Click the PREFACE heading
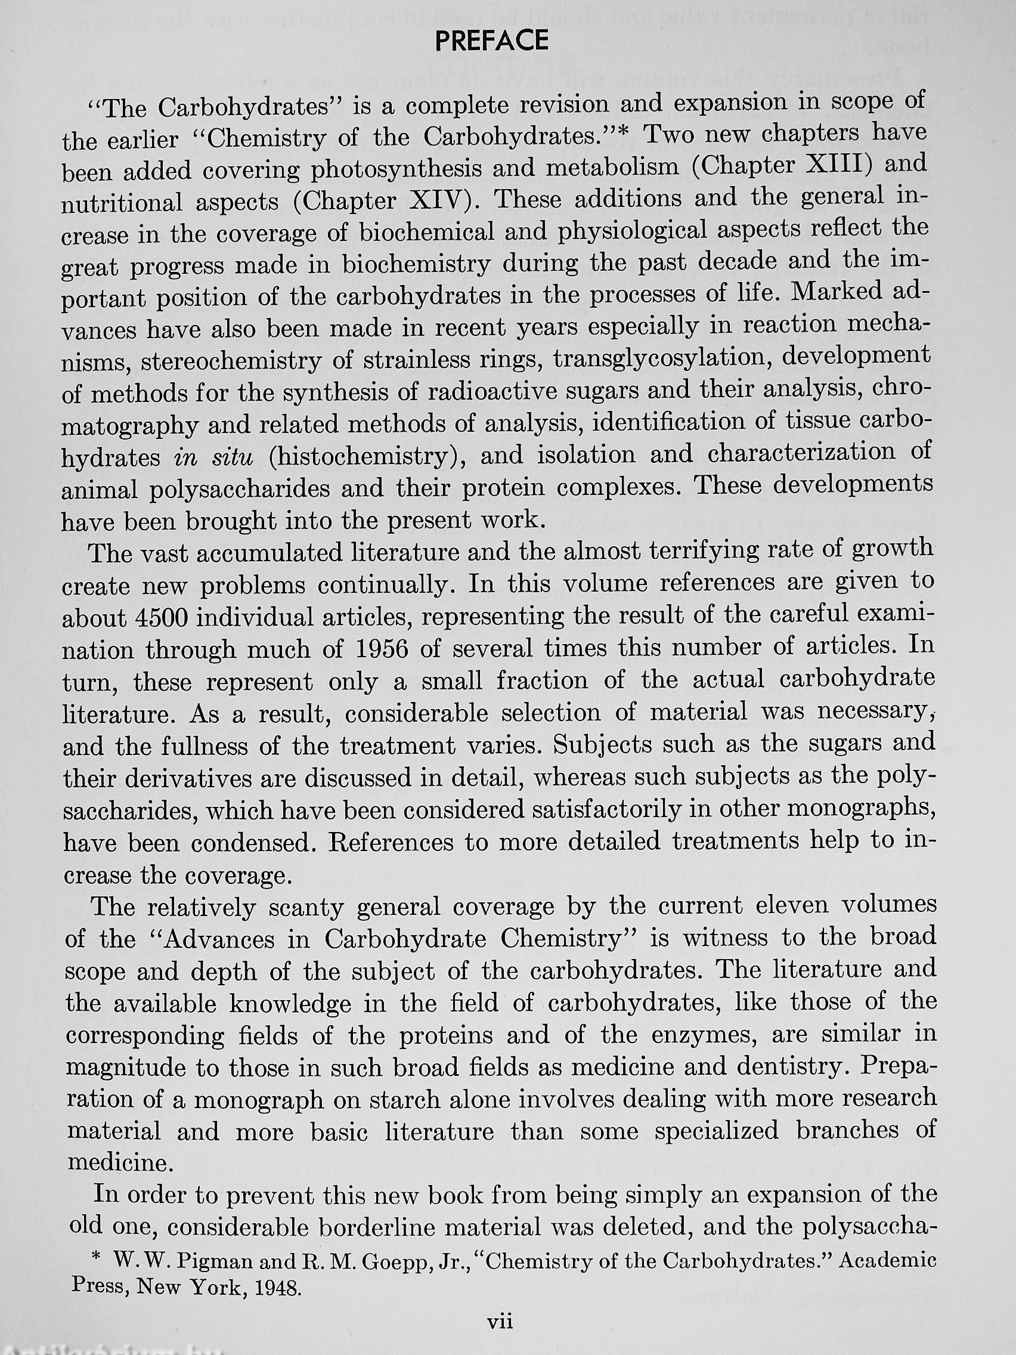[491, 41]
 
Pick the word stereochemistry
[231, 361]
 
